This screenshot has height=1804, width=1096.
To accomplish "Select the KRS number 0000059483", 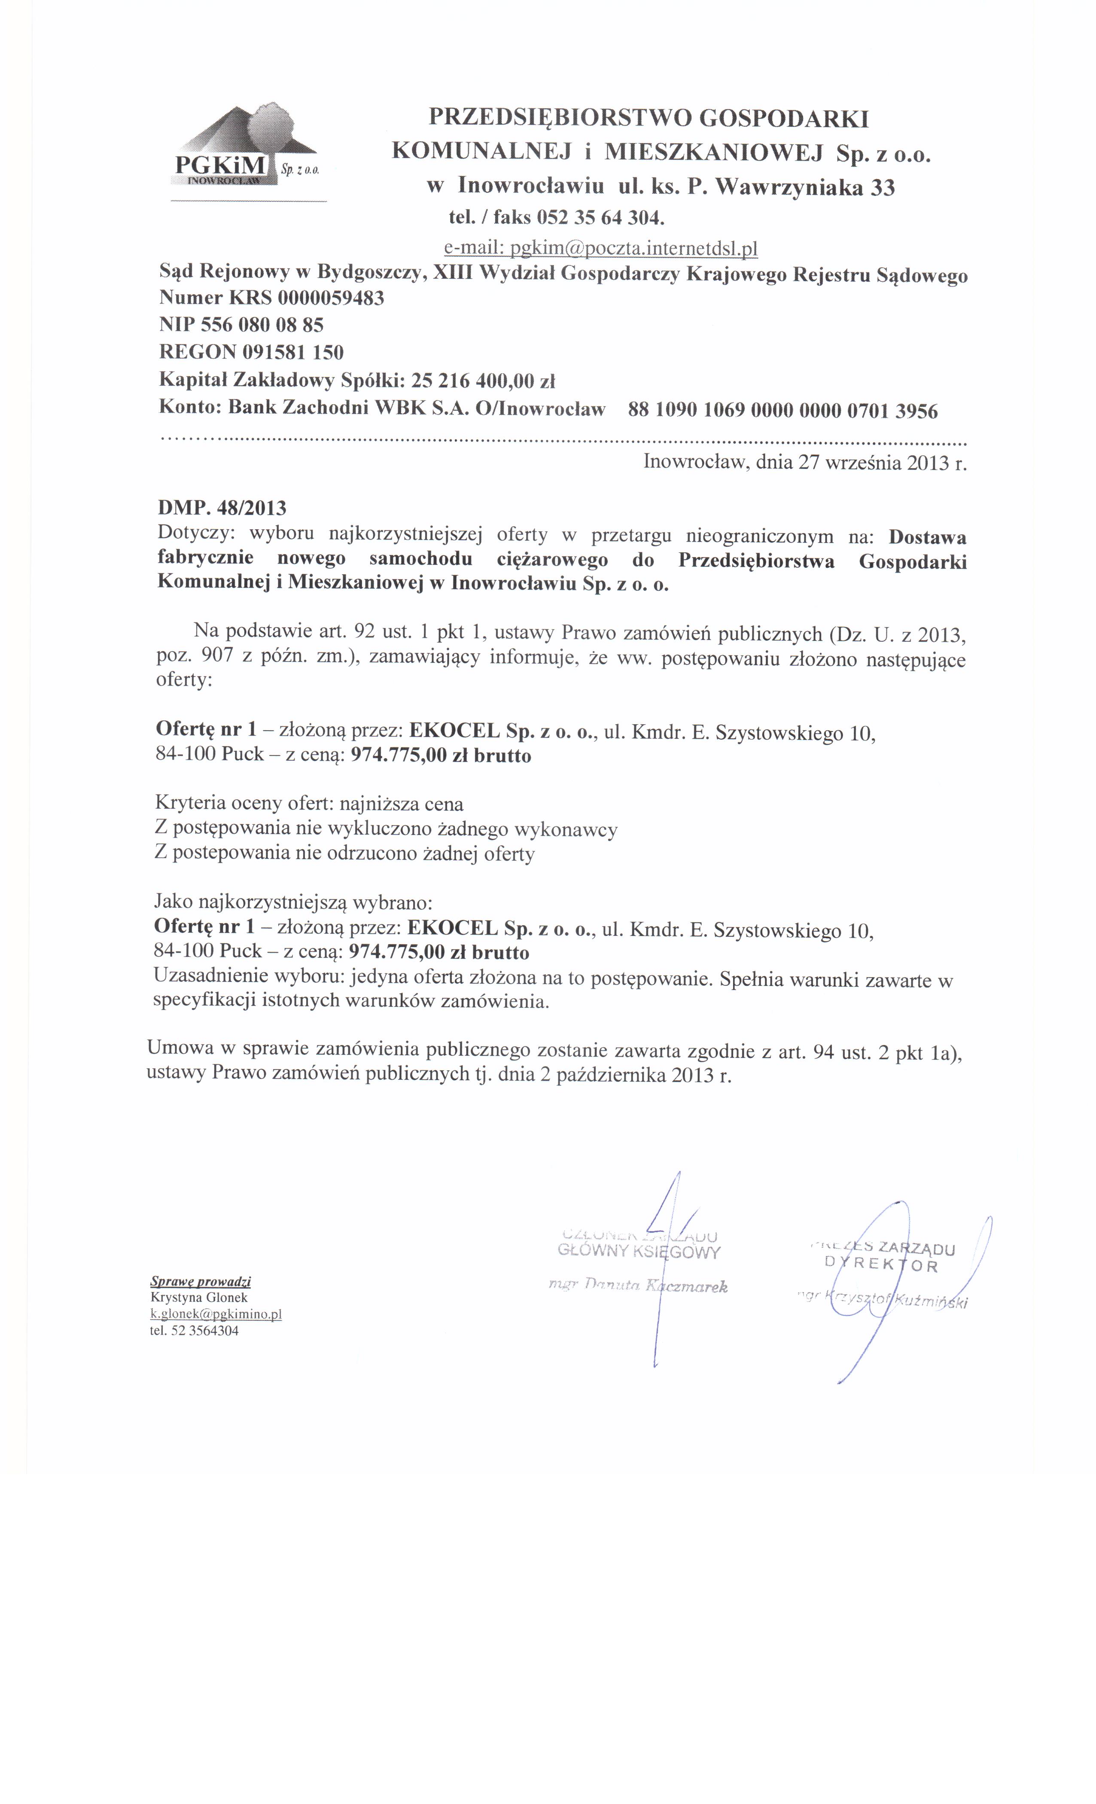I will point(331,298).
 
